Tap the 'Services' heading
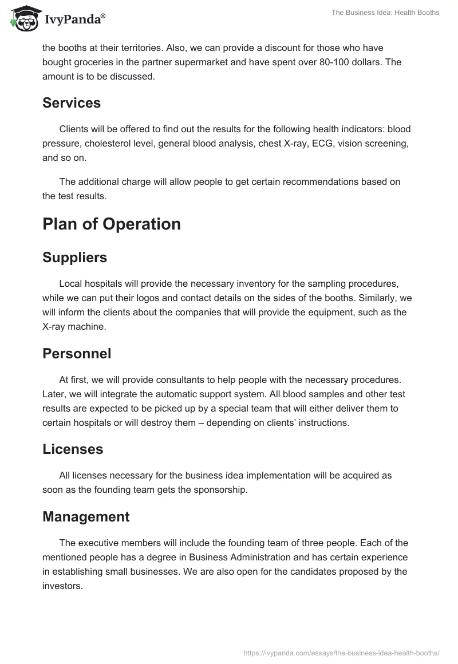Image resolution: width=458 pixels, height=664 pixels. [72, 103]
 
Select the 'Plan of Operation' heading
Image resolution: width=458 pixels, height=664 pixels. [112, 224]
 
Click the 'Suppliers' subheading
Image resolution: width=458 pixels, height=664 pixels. [74, 258]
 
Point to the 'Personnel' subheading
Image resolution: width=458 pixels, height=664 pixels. [77, 354]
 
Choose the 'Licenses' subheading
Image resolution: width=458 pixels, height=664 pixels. [73, 449]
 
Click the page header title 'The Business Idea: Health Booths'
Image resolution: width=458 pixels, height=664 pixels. [385, 13]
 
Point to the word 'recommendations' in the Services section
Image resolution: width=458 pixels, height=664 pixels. [283, 181]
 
